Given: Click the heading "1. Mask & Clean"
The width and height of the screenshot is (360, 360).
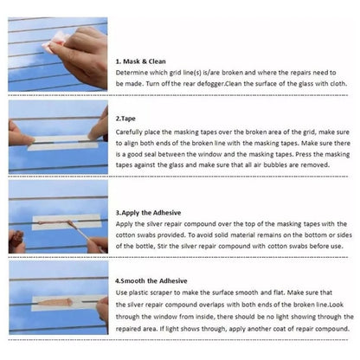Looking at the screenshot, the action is tap(141, 61).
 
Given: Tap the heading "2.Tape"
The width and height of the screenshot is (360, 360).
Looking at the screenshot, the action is tap(125, 119).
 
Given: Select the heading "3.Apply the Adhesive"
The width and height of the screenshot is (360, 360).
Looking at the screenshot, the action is tap(148, 213).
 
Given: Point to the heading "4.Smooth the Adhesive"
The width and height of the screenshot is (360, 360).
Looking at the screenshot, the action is tap(151, 281).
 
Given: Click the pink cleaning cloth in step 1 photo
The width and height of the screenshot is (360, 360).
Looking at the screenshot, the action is tap(55, 42).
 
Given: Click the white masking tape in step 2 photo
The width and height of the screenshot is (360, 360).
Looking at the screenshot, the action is tap(63, 143).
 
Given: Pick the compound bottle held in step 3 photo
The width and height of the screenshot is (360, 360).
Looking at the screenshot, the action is tap(16, 241).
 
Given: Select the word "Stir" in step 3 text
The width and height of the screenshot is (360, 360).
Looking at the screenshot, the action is tap(163, 247).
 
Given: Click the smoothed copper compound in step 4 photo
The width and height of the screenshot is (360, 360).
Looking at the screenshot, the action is tap(55, 302).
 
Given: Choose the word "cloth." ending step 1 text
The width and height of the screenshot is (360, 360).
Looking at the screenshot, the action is tap(337, 84).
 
